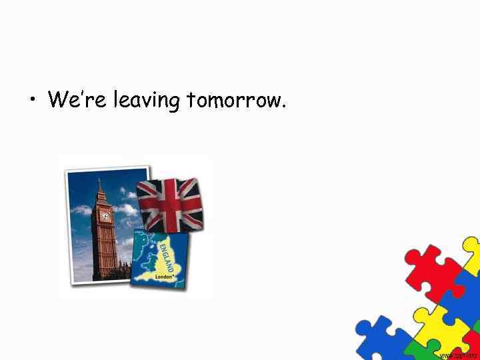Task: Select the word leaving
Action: point(147,101)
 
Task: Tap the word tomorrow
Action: point(234,101)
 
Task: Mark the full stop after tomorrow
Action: point(285,107)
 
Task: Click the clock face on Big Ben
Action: point(105,217)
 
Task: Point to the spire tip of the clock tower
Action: point(99,179)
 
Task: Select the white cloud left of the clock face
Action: point(81,210)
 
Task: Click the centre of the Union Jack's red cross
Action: point(171,203)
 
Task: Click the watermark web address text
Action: point(459,355)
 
